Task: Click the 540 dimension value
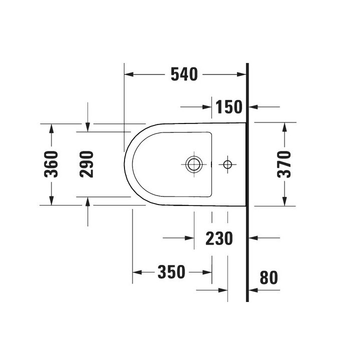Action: (184, 74)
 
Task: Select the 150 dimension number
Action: (229, 106)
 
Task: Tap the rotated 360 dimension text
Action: (52, 164)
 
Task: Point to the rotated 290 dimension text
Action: (87, 164)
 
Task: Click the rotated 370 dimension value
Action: (284, 164)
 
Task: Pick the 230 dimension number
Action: (219, 238)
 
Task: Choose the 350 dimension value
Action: (171, 272)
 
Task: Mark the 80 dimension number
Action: (269, 277)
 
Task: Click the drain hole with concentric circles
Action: (193, 163)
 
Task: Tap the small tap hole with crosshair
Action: (228, 163)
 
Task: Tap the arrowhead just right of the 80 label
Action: (253, 289)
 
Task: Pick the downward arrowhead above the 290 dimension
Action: (87, 127)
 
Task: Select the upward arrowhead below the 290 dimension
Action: (87, 201)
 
